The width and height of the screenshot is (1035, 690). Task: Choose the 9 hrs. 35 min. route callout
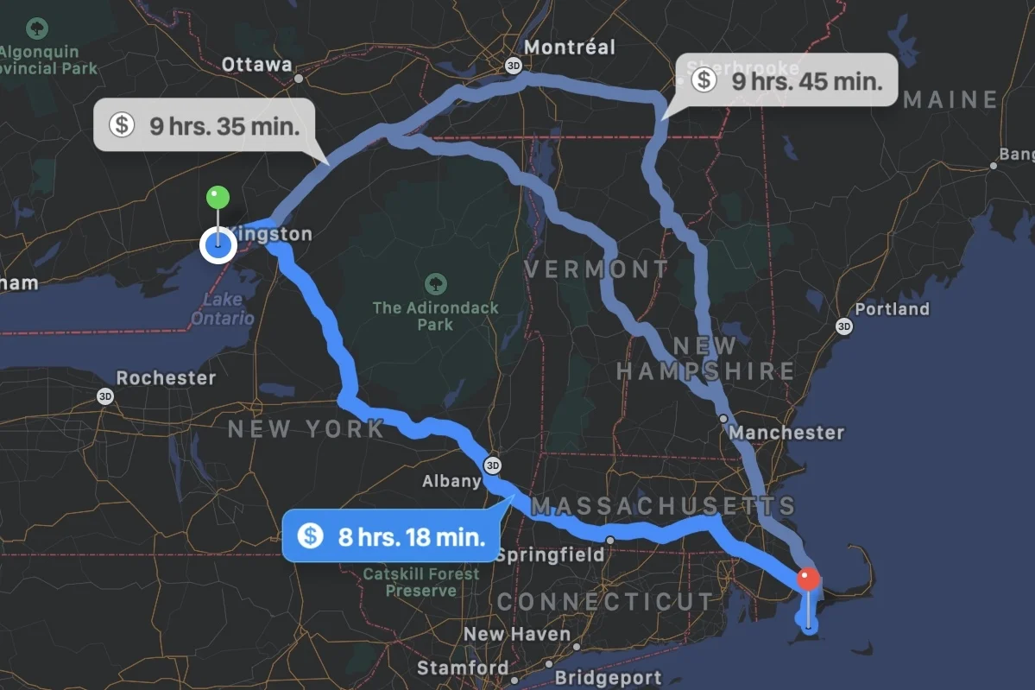[205, 126]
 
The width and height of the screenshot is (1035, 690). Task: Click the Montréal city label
[570, 47]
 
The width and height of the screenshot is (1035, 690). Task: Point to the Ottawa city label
[257, 65]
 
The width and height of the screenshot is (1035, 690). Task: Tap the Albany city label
[451, 481]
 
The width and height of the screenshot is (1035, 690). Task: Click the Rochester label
[167, 378]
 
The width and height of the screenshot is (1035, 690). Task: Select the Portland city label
[892, 309]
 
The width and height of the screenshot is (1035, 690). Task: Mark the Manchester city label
[787, 432]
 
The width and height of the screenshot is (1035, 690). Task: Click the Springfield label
[550, 554]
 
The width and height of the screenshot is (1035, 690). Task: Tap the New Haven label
[517, 635]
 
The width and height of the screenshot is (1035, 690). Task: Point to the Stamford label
[463, 668]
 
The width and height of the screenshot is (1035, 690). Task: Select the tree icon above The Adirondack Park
[436, 282]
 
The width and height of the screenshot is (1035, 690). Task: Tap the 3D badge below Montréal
[514, 65]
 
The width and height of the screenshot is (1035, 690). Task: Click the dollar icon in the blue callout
[310, 536]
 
